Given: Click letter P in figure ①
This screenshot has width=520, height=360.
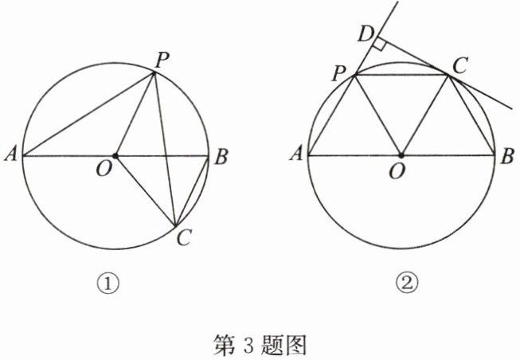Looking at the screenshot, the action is (x=162, y=58).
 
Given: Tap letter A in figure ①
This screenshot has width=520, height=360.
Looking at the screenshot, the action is (x=11, y=156).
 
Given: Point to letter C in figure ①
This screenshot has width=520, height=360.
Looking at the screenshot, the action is (x=184, y=237).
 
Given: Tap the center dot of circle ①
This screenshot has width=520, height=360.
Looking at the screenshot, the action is (x=115, y=155).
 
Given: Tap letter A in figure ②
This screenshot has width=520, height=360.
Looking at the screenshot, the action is (x=296, y=156).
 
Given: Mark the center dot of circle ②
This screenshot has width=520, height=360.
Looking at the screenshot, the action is (x=401, y=155).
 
